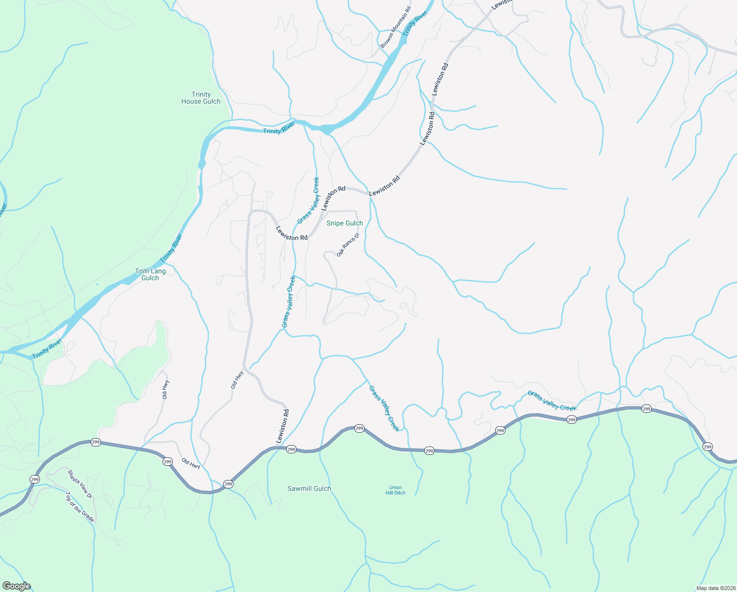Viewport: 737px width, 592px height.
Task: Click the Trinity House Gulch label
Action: pyautogui.click(x=201, y=98)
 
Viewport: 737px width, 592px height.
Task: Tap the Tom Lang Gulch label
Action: pyautogui.click(x=150, y=274)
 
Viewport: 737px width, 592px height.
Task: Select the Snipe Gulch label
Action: pyautogui.click(x=344, y=223)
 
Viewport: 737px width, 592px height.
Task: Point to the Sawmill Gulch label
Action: pyautogui.click(x=309, y=488)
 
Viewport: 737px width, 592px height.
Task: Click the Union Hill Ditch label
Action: pyautogui.click(x=396, y=490)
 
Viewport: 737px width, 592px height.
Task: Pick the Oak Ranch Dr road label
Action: pyautogui.click(x=348, y=245)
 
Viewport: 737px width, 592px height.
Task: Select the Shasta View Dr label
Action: pyautogui.click(x=80, y=483)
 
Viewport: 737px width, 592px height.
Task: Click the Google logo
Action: pyautogui.click(x=16, y=586)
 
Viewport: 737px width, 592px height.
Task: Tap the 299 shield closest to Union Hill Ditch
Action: pyautogui.click(x=429, y=451)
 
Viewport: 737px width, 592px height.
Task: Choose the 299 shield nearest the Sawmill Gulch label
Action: pyautogui.click(x=291, y=449)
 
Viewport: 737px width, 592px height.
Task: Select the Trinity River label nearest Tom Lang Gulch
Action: pyautogui.click(x=171, y=248)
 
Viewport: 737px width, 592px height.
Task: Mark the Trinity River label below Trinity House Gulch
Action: pyautogui.click(x=278, y=129)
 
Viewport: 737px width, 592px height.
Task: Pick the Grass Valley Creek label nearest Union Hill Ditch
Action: pyautogui.click(x=384, y=408)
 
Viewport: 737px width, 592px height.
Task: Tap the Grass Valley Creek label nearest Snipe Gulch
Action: pyautogui.click(x=308, y=200)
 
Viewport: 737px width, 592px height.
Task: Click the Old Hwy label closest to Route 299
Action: pyautogui.click(x=191, y=463)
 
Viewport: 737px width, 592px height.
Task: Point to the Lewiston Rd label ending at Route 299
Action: pyautogui.click(x=282, y=426)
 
